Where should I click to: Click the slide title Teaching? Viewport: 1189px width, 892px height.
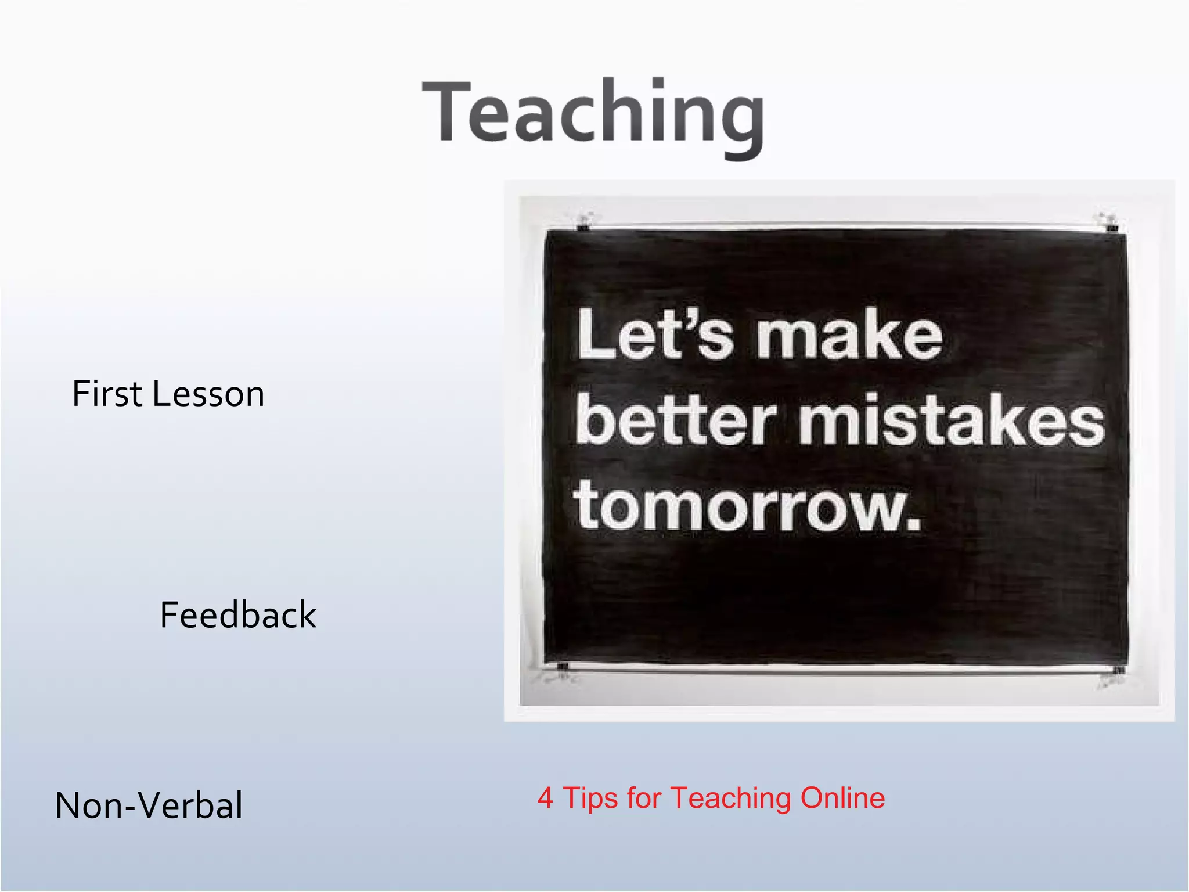point(593,113)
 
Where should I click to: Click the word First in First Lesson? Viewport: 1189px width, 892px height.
point(107,394)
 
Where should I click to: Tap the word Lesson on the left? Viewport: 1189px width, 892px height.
point(208,394)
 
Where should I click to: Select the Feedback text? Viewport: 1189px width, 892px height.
point(238,616)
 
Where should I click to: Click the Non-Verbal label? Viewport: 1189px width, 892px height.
point(149,806)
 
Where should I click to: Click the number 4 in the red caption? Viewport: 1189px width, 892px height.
point(545,798)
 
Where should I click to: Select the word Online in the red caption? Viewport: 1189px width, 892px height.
point(842,798)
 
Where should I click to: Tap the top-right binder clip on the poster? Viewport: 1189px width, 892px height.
point(1110,223)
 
